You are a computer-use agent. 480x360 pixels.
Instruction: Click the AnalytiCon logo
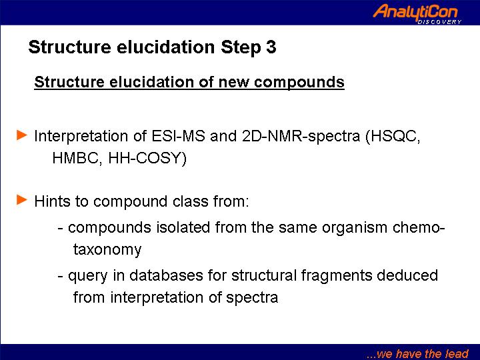[x=417, y=13]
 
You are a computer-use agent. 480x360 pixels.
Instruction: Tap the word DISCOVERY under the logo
[x=439, y=22]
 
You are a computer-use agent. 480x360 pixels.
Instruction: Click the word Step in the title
[x=241, y=47]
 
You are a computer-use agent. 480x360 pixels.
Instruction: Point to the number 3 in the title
[x=271, y=47]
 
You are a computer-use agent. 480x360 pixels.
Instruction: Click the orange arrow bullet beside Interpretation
[x=22, y=135]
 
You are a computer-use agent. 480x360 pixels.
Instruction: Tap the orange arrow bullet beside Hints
[x=22, y=199]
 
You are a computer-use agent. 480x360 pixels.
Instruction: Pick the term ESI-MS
[x=178, y=135]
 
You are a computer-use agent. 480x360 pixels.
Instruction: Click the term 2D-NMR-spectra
[x=301, y=136]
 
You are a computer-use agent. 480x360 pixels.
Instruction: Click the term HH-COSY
[x=147, y=158]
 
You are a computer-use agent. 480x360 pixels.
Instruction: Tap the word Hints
[x=53, y=201]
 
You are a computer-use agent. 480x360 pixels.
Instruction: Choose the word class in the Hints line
[x=190, y=201]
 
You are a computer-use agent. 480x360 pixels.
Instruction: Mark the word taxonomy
[x=107, y=250]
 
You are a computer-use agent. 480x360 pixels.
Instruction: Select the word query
[x=87, y=276]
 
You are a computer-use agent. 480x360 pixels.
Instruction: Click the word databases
[x=166, y=275]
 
